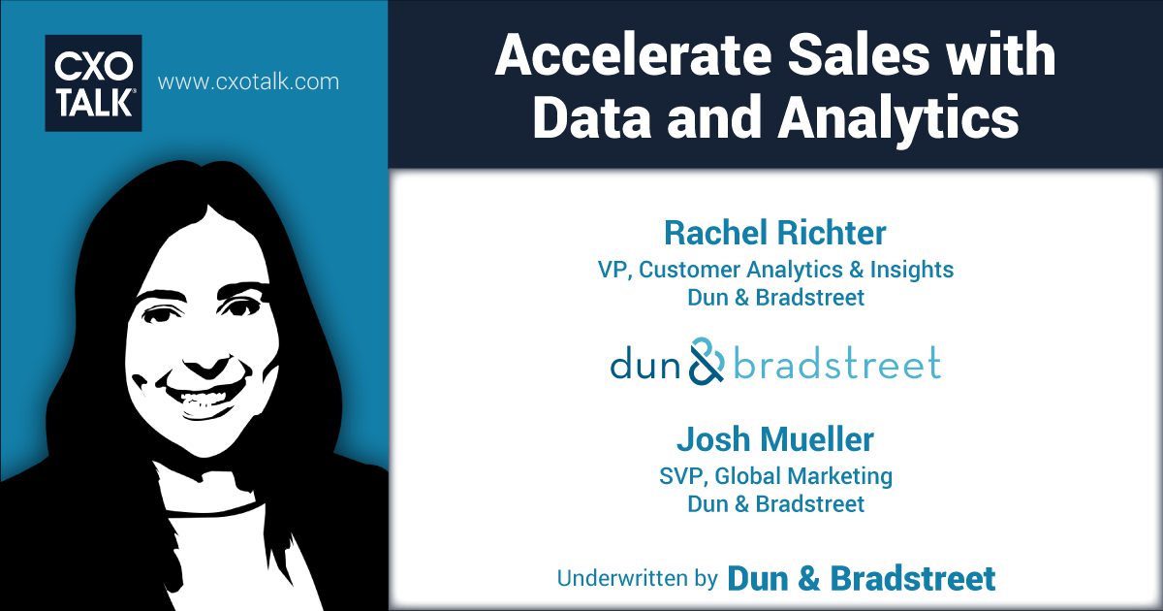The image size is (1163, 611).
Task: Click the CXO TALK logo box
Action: click(93, 82)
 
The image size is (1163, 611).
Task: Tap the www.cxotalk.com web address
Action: click(248, 81)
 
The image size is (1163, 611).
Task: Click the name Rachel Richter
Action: click(775, 233)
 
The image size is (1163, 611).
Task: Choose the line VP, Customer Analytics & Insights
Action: click(775, 270)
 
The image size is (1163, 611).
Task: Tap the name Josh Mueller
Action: click(775, 440)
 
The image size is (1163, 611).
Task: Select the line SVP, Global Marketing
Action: click(775, 476)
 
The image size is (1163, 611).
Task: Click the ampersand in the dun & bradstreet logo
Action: click(707, 362)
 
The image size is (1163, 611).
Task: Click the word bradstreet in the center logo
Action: click(836, 364)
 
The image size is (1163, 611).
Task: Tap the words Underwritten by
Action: click(637, 579)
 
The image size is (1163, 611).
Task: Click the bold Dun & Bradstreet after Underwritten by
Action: click(861, 579)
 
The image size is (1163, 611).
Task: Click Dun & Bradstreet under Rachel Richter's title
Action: click(775, 298)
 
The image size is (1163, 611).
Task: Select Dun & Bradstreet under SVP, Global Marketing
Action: click(775, 504)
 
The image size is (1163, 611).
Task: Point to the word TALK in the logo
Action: click(93, 104)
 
